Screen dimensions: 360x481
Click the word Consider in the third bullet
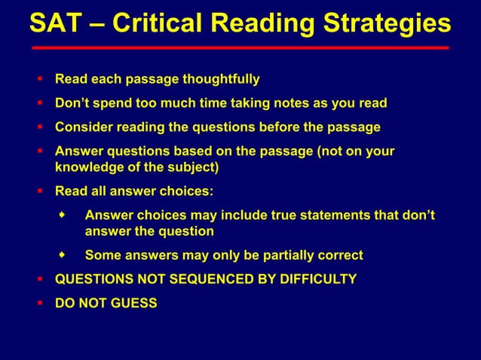[82, 127]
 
